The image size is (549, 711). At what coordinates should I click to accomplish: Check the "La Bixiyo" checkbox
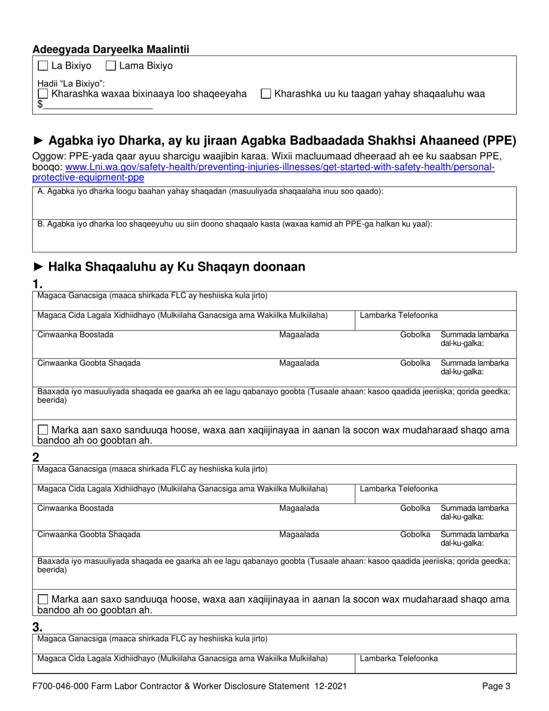click(43, 66)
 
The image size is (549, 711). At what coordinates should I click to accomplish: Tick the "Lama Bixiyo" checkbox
click(112, 66)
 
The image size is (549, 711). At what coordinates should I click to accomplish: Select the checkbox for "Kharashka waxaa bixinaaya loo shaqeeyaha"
click(43, 94)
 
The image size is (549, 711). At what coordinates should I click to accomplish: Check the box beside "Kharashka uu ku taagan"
click(266, 94)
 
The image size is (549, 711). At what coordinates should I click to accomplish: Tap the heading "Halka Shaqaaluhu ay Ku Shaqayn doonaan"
click(176, 267)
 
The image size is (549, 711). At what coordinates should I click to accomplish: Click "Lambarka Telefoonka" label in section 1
click(399, 315)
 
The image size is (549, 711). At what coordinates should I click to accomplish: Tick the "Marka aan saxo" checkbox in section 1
click(43, 430)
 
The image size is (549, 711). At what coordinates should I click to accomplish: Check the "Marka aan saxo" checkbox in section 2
click(43, 599)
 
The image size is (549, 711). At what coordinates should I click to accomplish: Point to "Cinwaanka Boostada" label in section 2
click(76, 508)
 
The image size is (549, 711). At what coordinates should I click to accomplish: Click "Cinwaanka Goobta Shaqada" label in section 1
click(88, 364)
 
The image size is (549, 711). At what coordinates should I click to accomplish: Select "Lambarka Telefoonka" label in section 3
click(399, 658)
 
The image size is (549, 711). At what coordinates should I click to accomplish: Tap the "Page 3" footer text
click(496, 687)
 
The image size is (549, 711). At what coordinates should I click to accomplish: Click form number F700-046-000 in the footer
click(62, 687)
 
